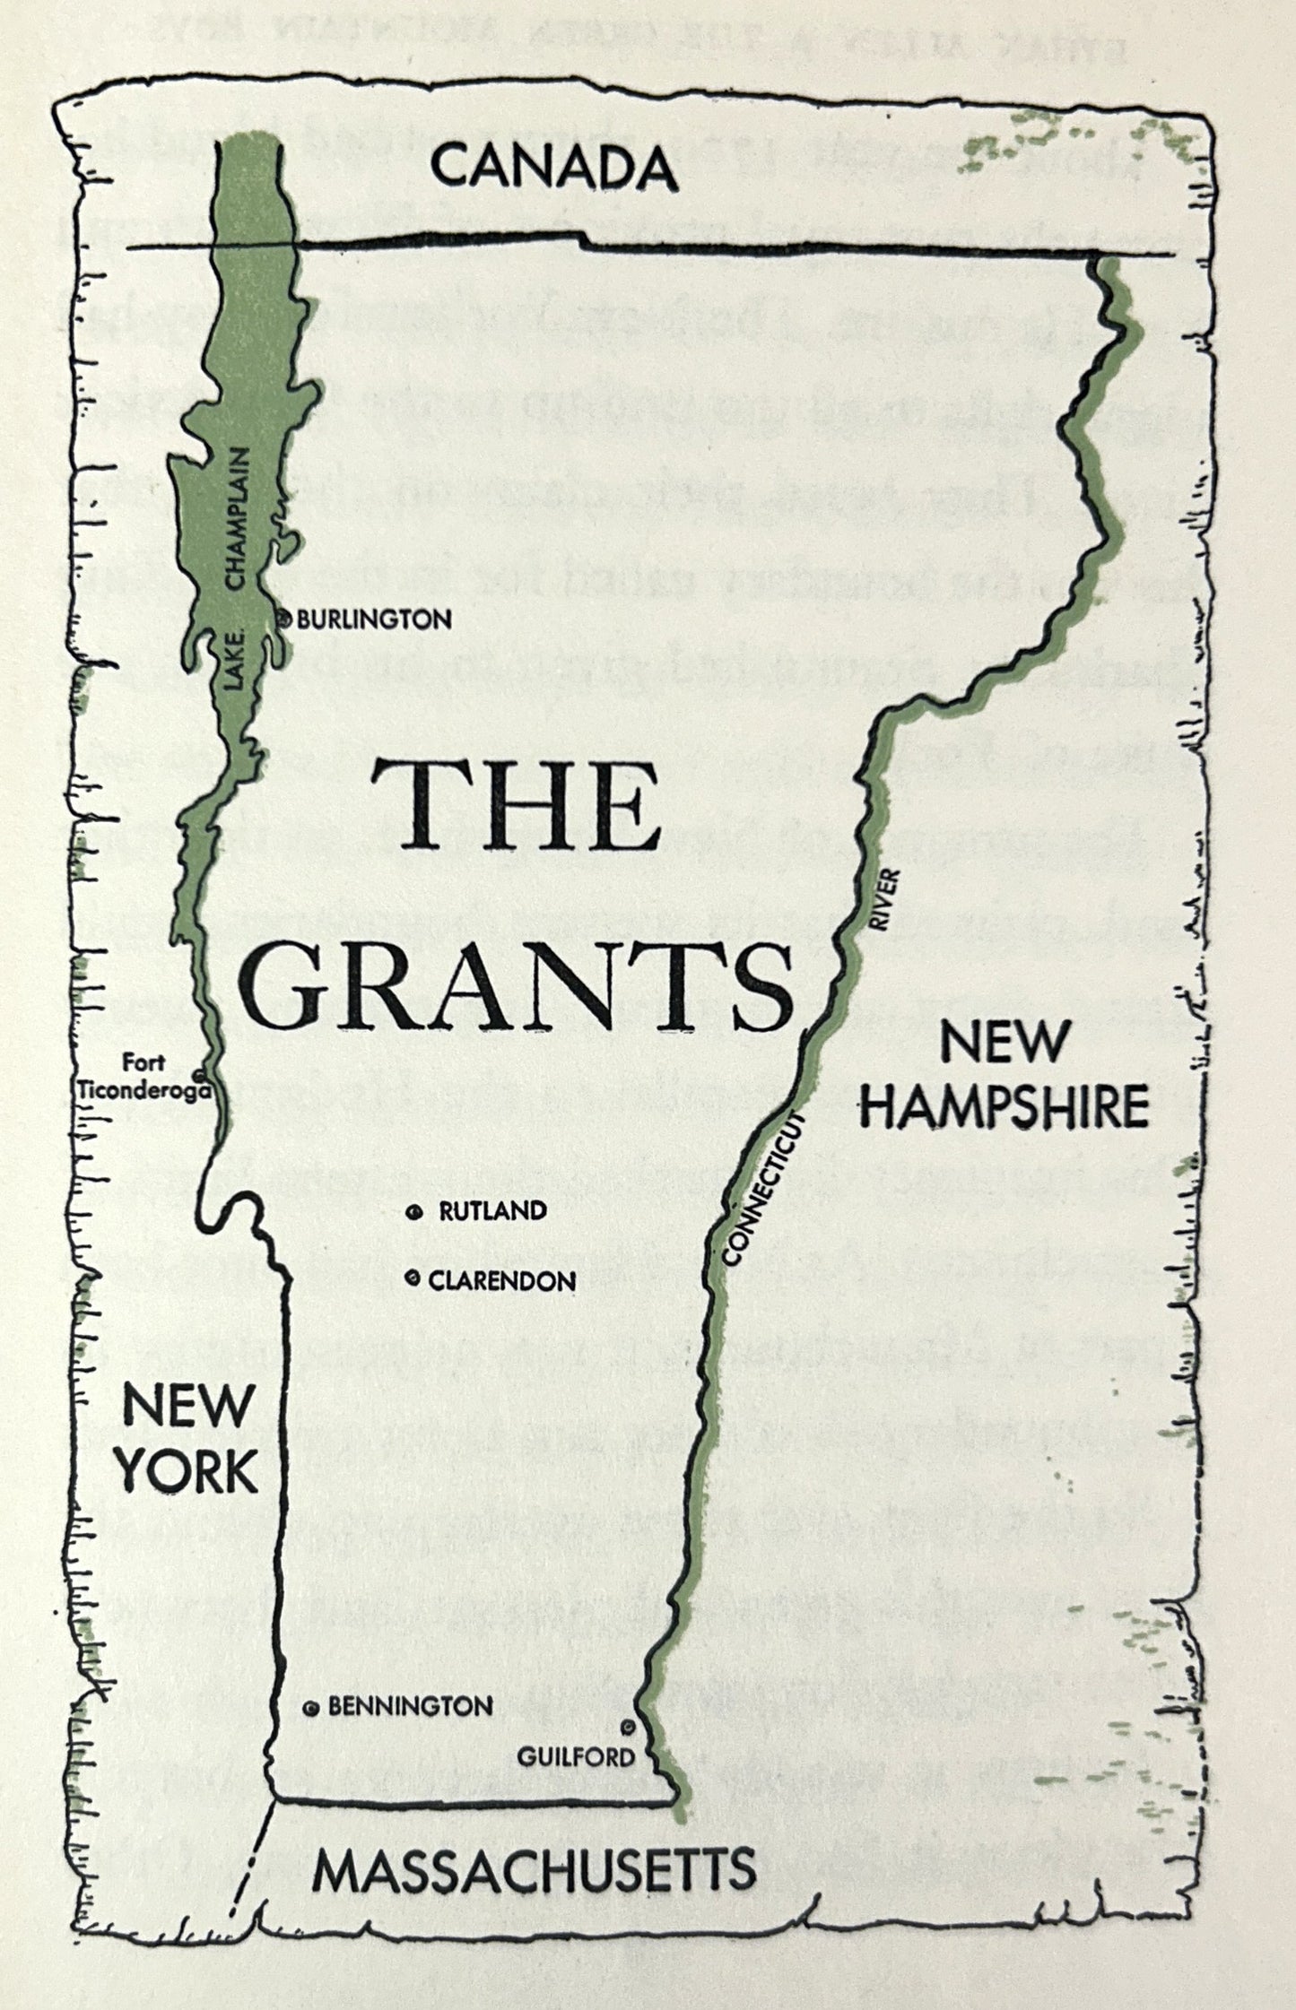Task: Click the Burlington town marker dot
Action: (284, 618)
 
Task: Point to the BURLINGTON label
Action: (374, 619)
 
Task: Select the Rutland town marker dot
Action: (413, 1213)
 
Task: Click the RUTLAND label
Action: (492, 1211)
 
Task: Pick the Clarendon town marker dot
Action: (413, 1279)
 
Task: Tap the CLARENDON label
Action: (502, 1281)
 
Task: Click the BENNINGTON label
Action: (410, 1706)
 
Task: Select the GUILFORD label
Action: (576, 1757)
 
